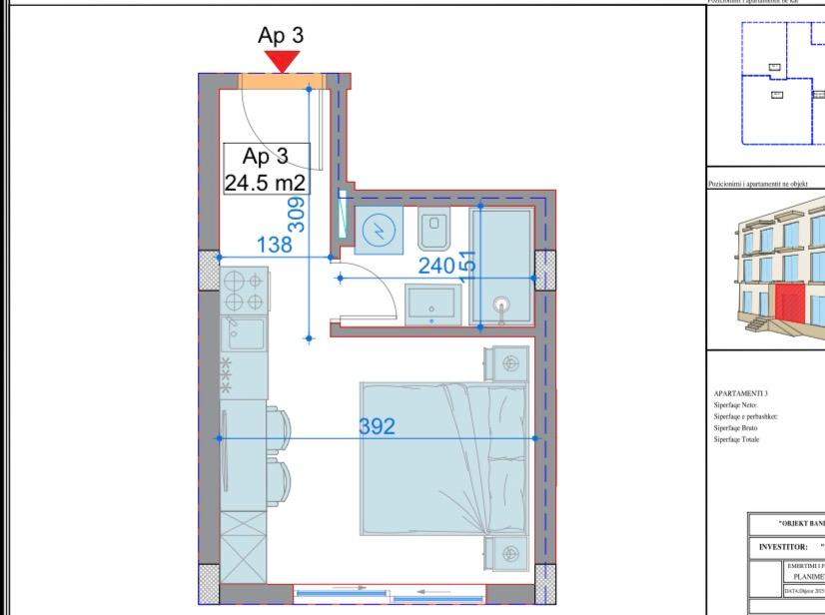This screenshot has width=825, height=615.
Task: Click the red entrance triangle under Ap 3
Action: coord(283,62)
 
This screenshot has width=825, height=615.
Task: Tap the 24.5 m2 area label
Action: coord(265,183)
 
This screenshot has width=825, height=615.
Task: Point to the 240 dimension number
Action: coord(436,266)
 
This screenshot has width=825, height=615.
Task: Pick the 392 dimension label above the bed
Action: coord(378,427)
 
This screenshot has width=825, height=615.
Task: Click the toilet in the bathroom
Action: coord(432,233)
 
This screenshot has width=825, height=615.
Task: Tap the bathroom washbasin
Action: coord(431,302)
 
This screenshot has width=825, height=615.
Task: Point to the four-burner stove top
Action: coord(244,291)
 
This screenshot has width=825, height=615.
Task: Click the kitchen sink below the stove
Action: coord(244,334)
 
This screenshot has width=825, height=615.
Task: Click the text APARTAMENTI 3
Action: coord(740,394)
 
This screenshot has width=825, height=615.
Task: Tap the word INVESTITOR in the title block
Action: coord(782,546)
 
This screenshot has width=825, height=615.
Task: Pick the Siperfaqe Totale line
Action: coord(737,439)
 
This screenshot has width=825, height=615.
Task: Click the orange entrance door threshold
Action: coord(283,81)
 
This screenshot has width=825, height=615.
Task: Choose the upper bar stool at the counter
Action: coord(279,427)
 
